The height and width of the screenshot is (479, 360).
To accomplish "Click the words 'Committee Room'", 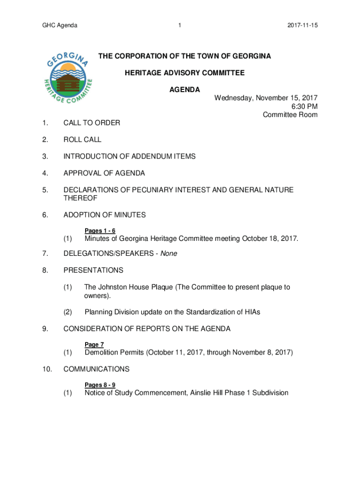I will pos(290,115).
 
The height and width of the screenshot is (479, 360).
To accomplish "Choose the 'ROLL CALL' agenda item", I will pos(82,140).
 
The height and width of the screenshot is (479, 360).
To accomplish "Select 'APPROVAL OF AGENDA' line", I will pos(104,174).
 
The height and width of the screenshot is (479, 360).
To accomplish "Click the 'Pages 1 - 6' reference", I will pos(100,231).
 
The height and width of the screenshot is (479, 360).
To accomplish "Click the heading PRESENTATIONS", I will pos(94,270).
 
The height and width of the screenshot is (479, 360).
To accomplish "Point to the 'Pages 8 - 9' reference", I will pos(100,385).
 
